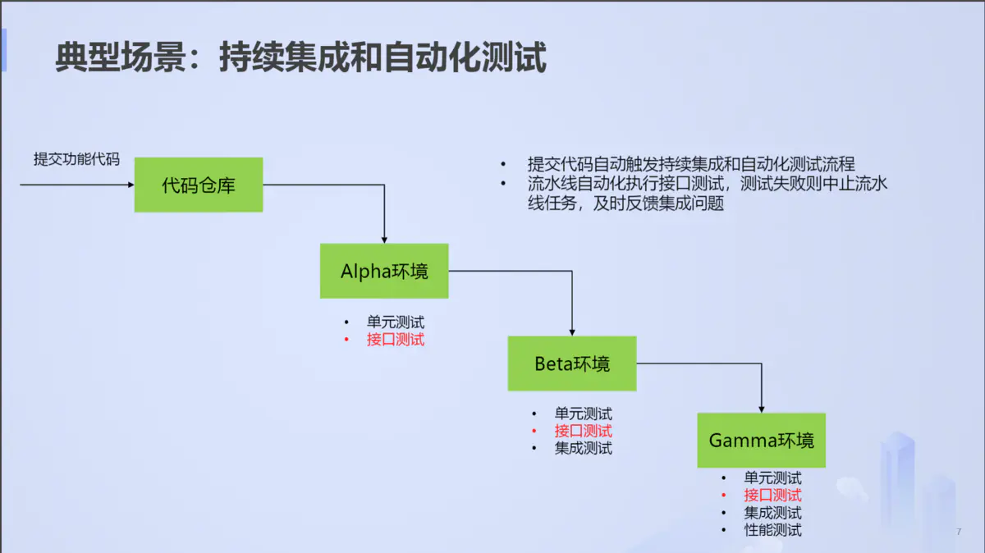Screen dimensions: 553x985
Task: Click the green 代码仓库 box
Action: coord(199,185)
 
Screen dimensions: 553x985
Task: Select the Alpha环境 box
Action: coord(384,271)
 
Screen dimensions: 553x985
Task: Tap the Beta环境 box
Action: coord(572,363)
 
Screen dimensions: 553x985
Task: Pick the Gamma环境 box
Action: coord(761,441)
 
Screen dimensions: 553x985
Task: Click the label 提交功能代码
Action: coord(76,159)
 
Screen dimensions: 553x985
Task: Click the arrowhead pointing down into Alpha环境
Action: coord(384,239)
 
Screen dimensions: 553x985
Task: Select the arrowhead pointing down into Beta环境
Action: coord(572,331)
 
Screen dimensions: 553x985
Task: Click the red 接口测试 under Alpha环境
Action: coord(396,340)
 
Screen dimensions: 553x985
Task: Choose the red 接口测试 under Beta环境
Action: coord(583,431)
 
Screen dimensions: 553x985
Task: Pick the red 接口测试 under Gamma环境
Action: coord(772,495)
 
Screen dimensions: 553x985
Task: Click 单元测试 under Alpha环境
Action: coord(396,322)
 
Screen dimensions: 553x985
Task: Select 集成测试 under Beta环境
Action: coord(583,448)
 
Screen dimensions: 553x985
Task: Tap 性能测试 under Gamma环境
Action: coord(772,530)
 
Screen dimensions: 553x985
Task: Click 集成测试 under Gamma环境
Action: coord(772,513)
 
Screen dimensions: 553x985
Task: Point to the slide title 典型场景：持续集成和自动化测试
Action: coord(300,59)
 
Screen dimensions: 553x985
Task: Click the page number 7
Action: coord(958,532)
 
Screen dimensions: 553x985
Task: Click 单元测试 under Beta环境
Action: coord(583,414)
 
